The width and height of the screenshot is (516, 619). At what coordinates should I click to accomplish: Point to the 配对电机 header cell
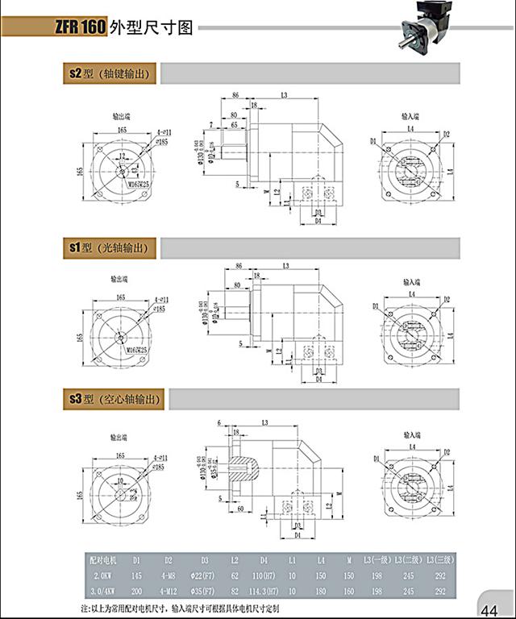coord(106,558)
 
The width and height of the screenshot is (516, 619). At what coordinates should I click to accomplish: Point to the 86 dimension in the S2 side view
coord(235,95)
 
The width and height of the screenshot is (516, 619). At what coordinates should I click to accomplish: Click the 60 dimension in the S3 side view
coord(240,509)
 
